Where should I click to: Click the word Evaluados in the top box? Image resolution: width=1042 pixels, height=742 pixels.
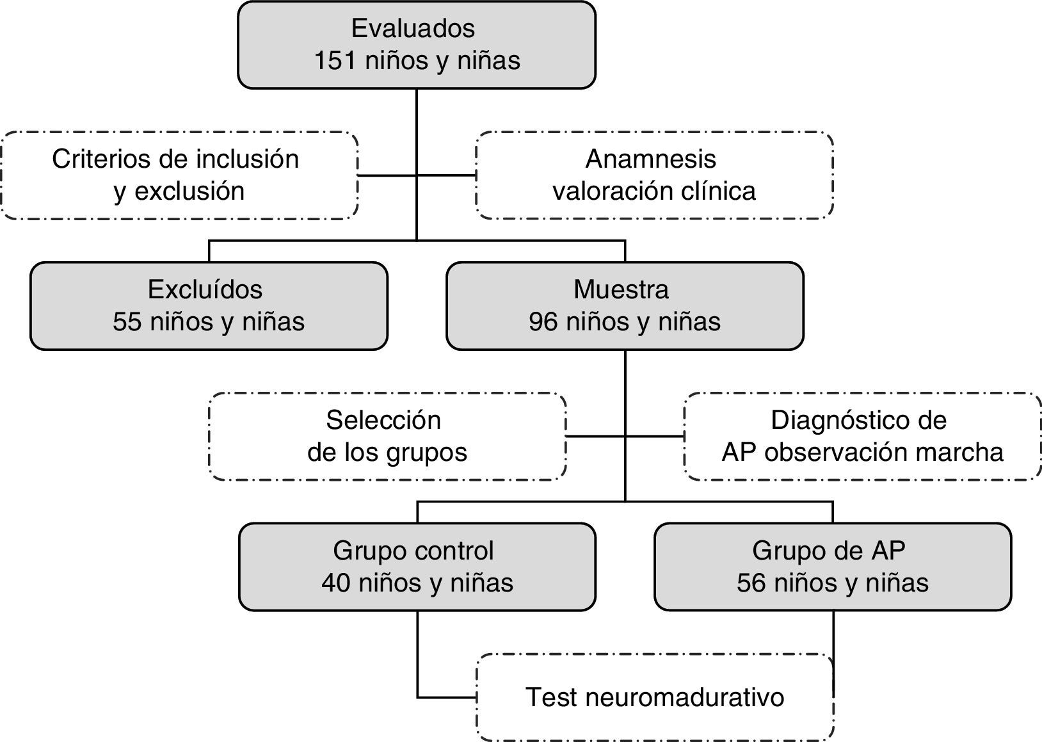click(x=413, y=29)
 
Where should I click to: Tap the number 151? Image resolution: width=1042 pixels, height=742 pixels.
click(x=335, y=61)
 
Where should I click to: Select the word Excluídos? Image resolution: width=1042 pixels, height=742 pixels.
click(x=205, y=289)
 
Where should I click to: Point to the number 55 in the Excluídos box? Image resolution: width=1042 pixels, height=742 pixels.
click(x=127, y=321)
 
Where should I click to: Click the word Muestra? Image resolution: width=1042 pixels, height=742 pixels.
click(x=621, y=289)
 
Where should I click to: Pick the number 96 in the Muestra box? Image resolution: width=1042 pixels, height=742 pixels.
click(x=543, y=321)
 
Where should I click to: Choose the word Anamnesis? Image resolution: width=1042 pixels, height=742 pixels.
click(x=651, y=159)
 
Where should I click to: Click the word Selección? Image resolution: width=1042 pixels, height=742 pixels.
click(x=383, y=421)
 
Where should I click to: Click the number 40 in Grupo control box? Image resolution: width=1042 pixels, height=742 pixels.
click(x=336, y=583)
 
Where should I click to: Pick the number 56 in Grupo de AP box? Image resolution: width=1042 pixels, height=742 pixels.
click(x=751, y=583)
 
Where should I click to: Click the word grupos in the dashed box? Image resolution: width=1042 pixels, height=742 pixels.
click(x=428, y=453)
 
